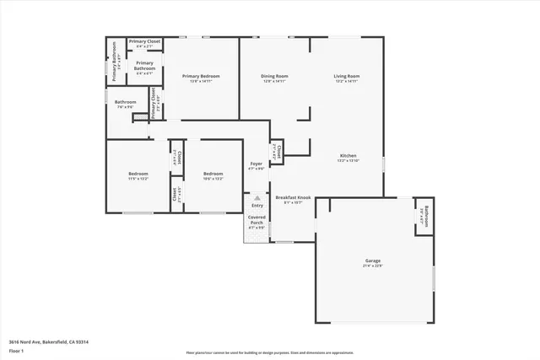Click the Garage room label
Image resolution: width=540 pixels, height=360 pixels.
tap(374, 261)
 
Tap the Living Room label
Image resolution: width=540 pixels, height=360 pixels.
tap(348, 77)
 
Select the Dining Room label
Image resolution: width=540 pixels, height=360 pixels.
tap(274, 77)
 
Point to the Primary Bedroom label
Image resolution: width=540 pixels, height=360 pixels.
tap(201, 77)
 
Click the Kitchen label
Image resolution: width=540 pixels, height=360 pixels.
tap(348, 156)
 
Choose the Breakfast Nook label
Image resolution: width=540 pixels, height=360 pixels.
tap(293, 197)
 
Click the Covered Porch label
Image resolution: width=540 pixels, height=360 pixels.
tap(256, 221)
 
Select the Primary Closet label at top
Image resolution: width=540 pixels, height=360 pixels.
tap(145, 40)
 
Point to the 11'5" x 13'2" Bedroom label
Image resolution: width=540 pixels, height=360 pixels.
tap(138, 174)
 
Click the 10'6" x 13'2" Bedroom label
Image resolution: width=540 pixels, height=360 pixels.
tap(213, 174)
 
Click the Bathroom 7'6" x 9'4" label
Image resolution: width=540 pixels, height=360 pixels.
tap(126, 103)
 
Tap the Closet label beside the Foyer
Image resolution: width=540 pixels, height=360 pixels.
tap(278, 150)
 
